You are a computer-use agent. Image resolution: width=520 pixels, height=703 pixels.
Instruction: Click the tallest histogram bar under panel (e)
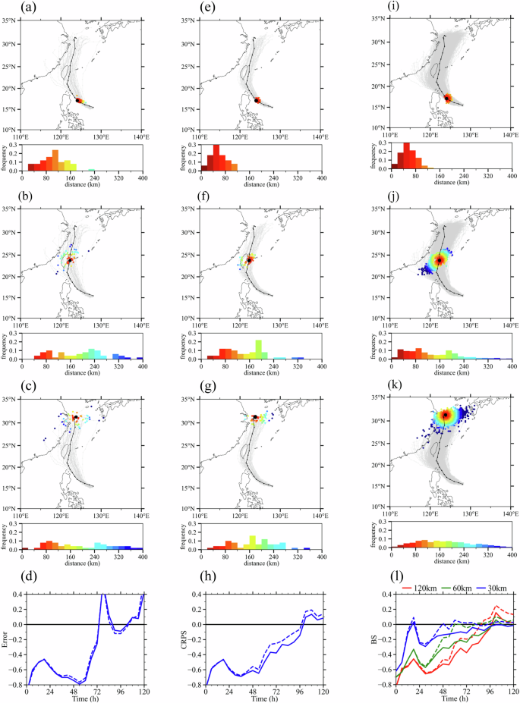pos(216,157)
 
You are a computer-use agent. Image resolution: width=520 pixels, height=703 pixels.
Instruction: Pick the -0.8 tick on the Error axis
pos(17,686)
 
